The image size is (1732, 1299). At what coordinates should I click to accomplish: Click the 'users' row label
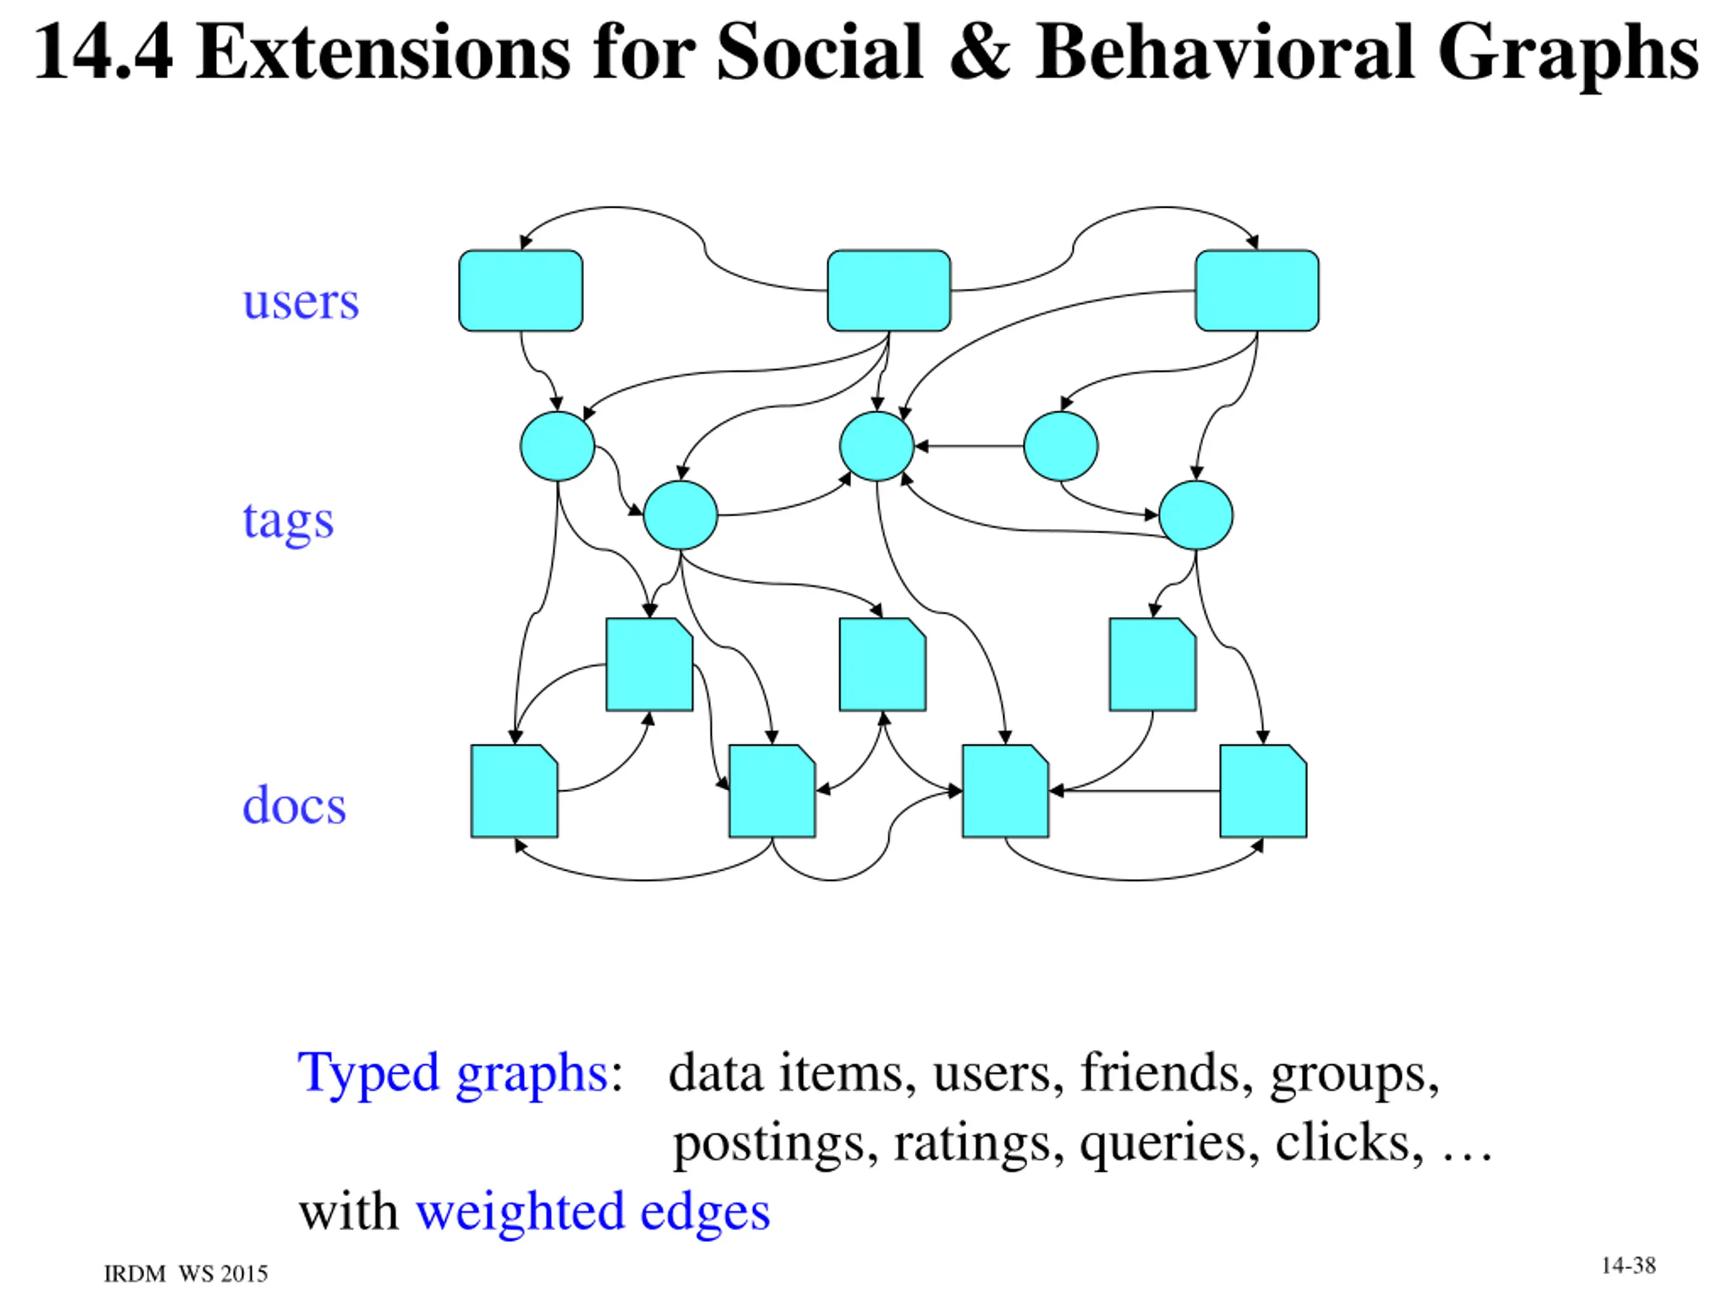pos(300,302)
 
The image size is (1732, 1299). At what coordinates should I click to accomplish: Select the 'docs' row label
pos(294,806)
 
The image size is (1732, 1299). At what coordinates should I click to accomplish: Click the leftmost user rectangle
pos(521,290)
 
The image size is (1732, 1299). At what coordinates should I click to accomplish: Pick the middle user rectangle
pos(889,290)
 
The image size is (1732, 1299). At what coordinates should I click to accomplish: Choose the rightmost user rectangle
pos(1257,290)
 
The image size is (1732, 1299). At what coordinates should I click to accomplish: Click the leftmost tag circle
pos(557,447)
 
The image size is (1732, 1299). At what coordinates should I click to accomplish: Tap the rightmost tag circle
pos(1195,516)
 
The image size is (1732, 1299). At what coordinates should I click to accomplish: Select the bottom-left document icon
pos(514,791)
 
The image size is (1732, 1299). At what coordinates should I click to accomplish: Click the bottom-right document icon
pos(1263,791)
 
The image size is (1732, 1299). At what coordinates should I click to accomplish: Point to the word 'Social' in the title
pos(820,53)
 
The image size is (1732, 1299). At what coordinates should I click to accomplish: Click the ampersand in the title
pos(980,53)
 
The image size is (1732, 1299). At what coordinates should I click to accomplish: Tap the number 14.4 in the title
pos(103,53)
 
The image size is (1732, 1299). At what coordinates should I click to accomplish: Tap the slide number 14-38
pos(1628,1266)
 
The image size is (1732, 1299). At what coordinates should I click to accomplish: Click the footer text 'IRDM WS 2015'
pos(185,1274)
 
